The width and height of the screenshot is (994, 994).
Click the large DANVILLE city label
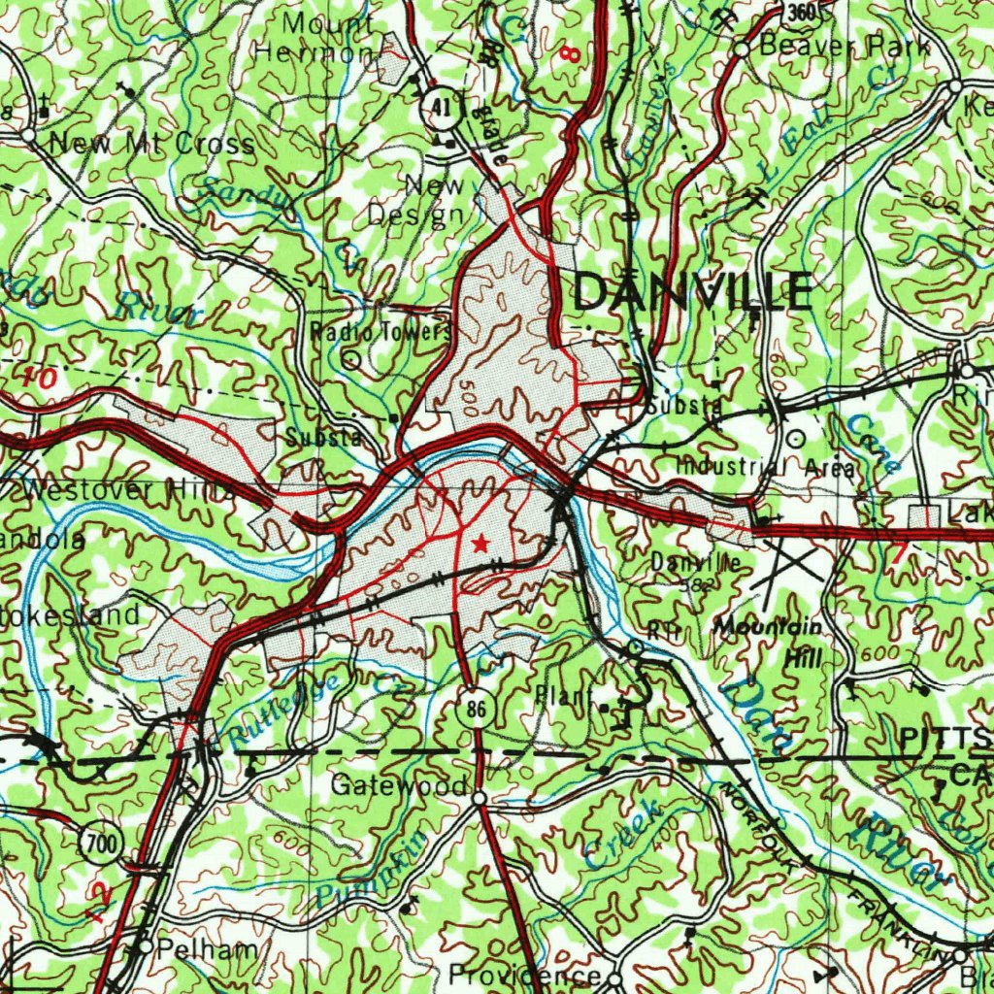[x=693, y=291]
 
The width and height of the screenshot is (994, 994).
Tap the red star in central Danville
[x=480, y=544]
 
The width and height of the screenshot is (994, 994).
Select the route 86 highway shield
[x=475, y=709]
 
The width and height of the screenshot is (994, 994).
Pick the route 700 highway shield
[x=101, y=845]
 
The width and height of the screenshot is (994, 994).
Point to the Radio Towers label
[x=381, y=332]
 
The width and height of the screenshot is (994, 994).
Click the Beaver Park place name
[x=844, y=45]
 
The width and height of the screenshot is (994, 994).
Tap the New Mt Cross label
[x=151, y=144]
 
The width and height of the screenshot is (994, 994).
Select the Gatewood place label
[x=399, y=784]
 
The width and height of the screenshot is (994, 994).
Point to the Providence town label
[x=525, y=974]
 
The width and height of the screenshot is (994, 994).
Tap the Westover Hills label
[x=126, y=490]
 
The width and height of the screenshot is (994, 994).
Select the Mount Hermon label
[x=315, y=37]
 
